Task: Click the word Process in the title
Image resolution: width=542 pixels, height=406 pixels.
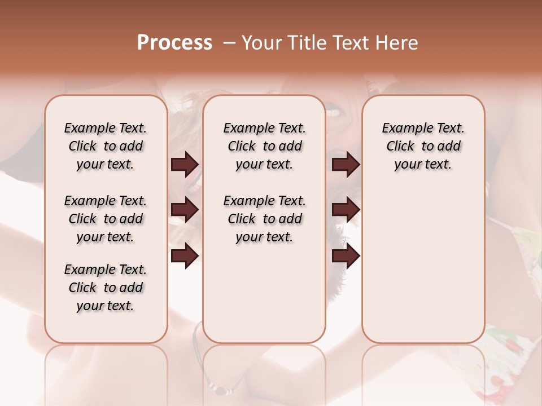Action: click(174, 43)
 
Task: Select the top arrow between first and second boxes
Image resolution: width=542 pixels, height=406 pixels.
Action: click(185, 165)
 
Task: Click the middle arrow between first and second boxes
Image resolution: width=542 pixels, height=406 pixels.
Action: click(185, 210)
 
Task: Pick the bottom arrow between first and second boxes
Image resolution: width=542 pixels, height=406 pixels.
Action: click(185, 256)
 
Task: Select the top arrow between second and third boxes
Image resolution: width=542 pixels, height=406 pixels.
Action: click(346, 165)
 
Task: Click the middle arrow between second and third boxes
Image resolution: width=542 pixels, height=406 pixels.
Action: click(346, 210)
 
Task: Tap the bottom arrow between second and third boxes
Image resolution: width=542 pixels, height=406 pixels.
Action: click(346, 256)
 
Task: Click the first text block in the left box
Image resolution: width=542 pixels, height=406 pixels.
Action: click(106, 146)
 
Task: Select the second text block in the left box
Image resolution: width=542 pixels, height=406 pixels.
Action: click(106, 219)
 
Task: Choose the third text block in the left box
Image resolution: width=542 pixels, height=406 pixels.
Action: click(106, 288)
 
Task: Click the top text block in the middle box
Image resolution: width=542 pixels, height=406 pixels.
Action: click(264, 146)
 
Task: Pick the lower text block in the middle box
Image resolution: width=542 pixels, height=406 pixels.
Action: click(264, 219)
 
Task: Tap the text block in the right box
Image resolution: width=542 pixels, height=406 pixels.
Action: click(423, 146)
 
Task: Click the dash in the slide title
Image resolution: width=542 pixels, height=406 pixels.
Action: click(229, 43)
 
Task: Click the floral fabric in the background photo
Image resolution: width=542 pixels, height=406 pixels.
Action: click(508, 350)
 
